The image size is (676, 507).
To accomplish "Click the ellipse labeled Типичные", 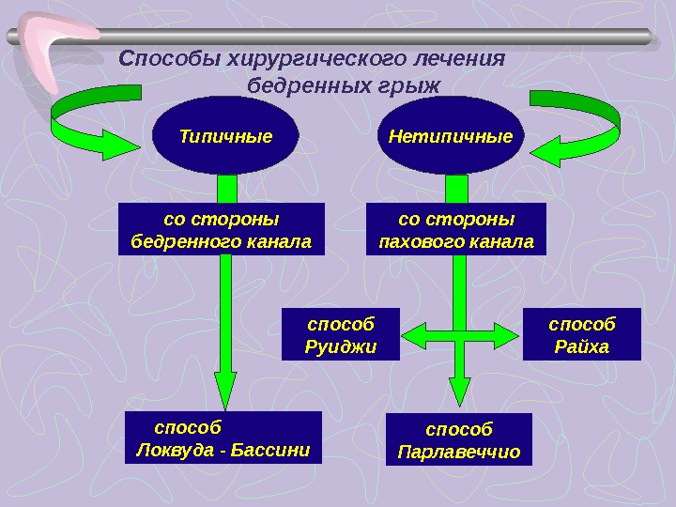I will point(225,136).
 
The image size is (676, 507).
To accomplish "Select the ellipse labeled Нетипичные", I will point(451,136).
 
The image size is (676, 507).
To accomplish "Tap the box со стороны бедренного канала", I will point(221,230).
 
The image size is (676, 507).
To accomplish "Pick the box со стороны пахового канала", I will point(456,230).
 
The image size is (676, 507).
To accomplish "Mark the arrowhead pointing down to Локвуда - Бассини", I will point(226,390).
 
